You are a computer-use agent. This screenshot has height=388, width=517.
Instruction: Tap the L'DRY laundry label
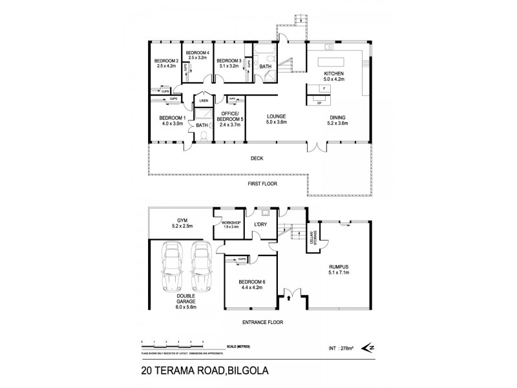pyautogui.click(x=261, y=224)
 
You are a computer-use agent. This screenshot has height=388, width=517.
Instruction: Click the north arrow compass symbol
pyautogui.click(x=369, y=348)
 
